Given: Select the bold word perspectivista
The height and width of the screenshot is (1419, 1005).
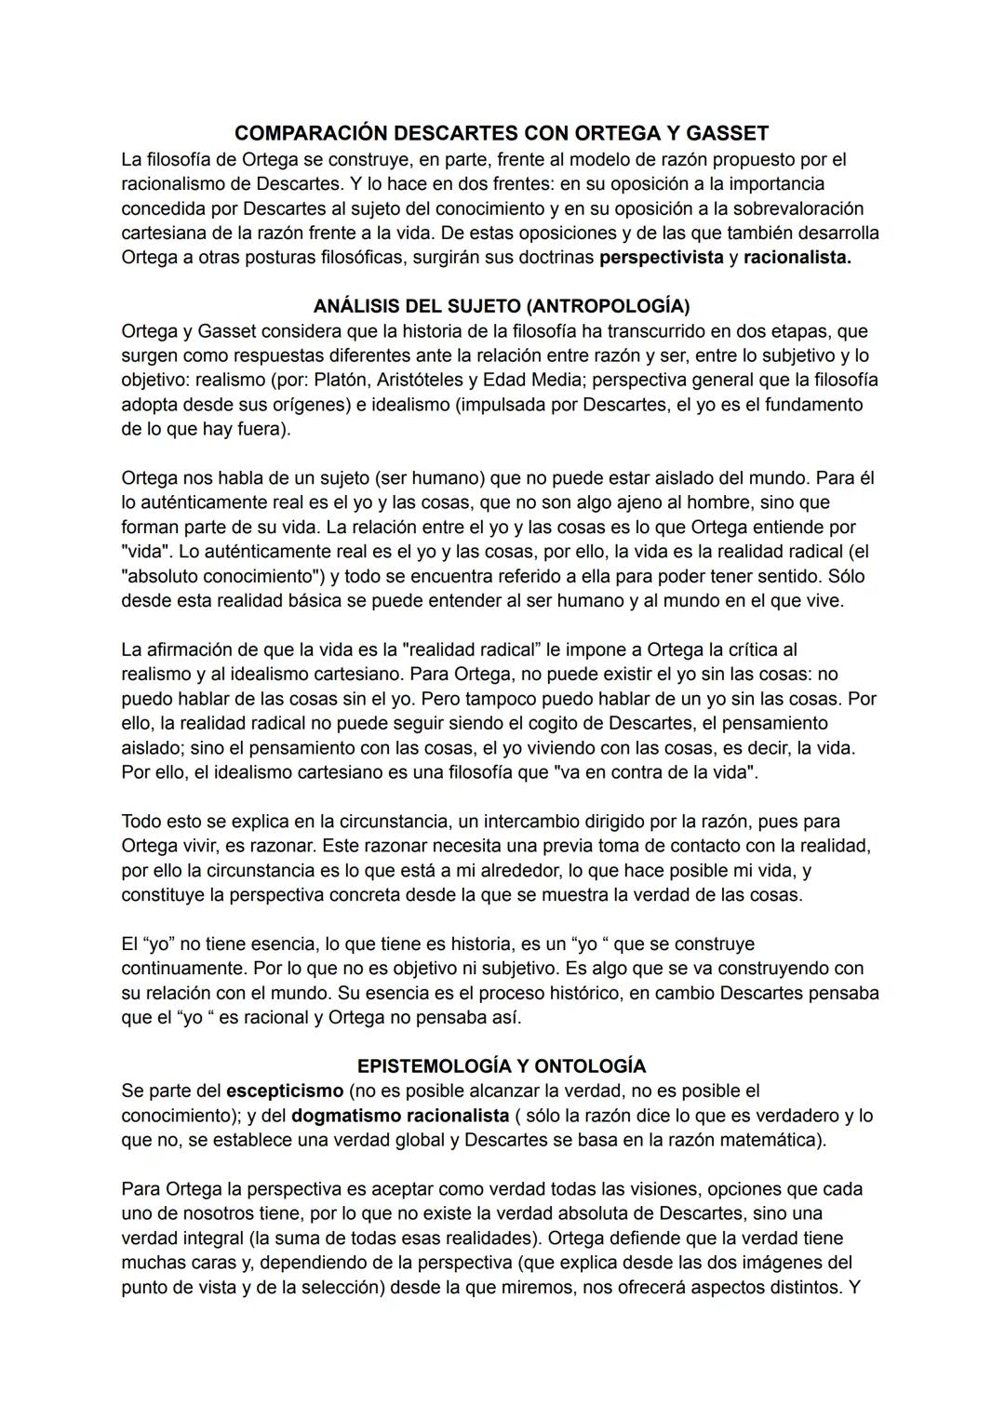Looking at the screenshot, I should coord(662,258).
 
